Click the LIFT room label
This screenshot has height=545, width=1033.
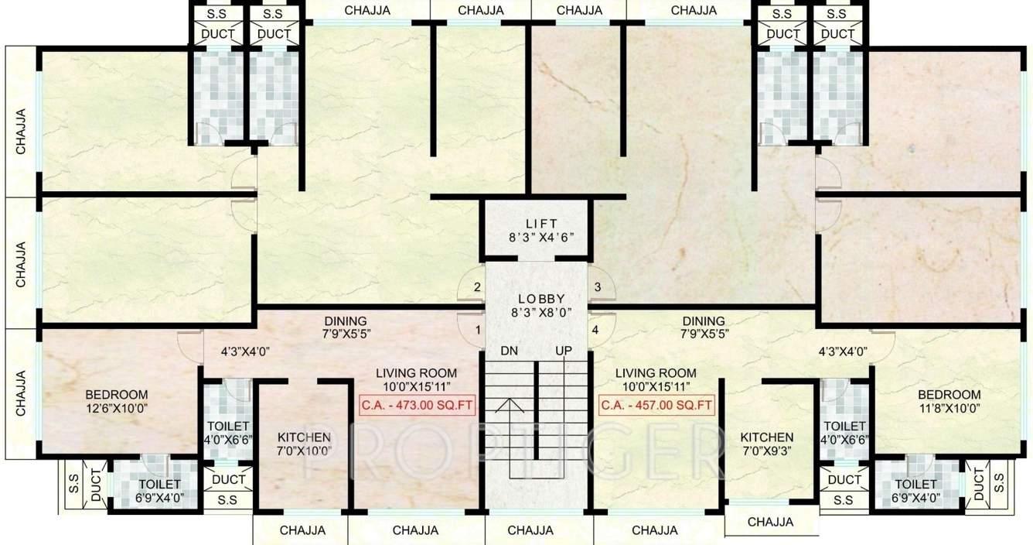click(x=538, y=223)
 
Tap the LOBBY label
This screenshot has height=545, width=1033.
click(x=541, y=299)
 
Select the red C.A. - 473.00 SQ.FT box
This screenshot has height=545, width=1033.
click(x=417, y=405)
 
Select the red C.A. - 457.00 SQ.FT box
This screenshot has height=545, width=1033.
click(x=656, y=405)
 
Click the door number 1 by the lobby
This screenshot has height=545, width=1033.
click(x=478, y=330)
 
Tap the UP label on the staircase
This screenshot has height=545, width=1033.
click(x=563, y=351)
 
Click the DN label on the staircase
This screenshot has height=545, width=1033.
click(x=509, y=351)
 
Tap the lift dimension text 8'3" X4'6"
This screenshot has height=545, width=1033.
click(x=538, y=237)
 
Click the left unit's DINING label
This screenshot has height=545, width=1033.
click(x=346, y=320)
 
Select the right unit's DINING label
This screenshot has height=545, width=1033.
click(x=704, y=320)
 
